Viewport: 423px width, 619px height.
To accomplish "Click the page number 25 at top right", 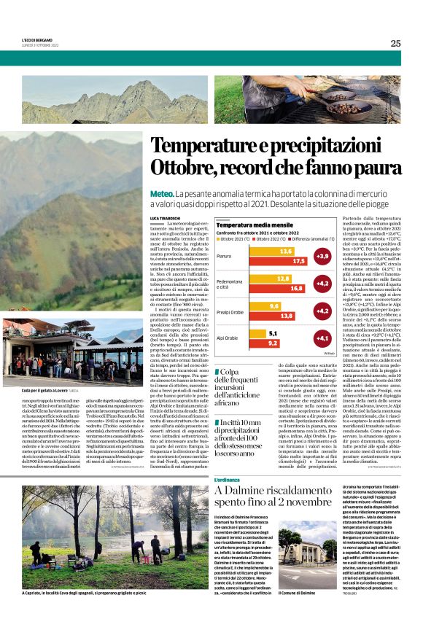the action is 395,43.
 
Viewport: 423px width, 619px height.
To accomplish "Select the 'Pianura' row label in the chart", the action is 224,256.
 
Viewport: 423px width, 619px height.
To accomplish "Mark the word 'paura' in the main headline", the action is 376,167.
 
